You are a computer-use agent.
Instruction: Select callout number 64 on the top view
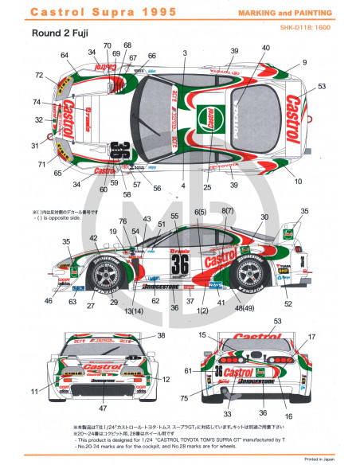click(65, 55)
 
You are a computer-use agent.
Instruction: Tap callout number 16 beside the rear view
click(285, 416)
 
